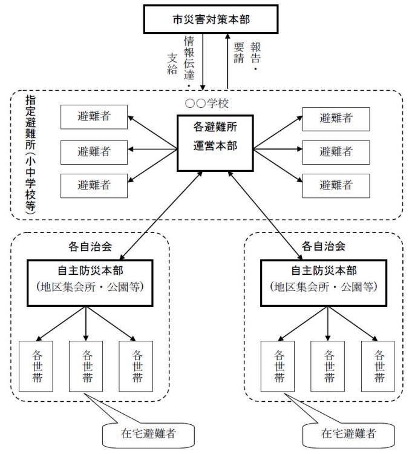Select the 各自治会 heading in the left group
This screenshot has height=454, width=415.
(x=88, y=247)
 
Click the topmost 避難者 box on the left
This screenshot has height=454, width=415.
(x=94, y=117)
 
